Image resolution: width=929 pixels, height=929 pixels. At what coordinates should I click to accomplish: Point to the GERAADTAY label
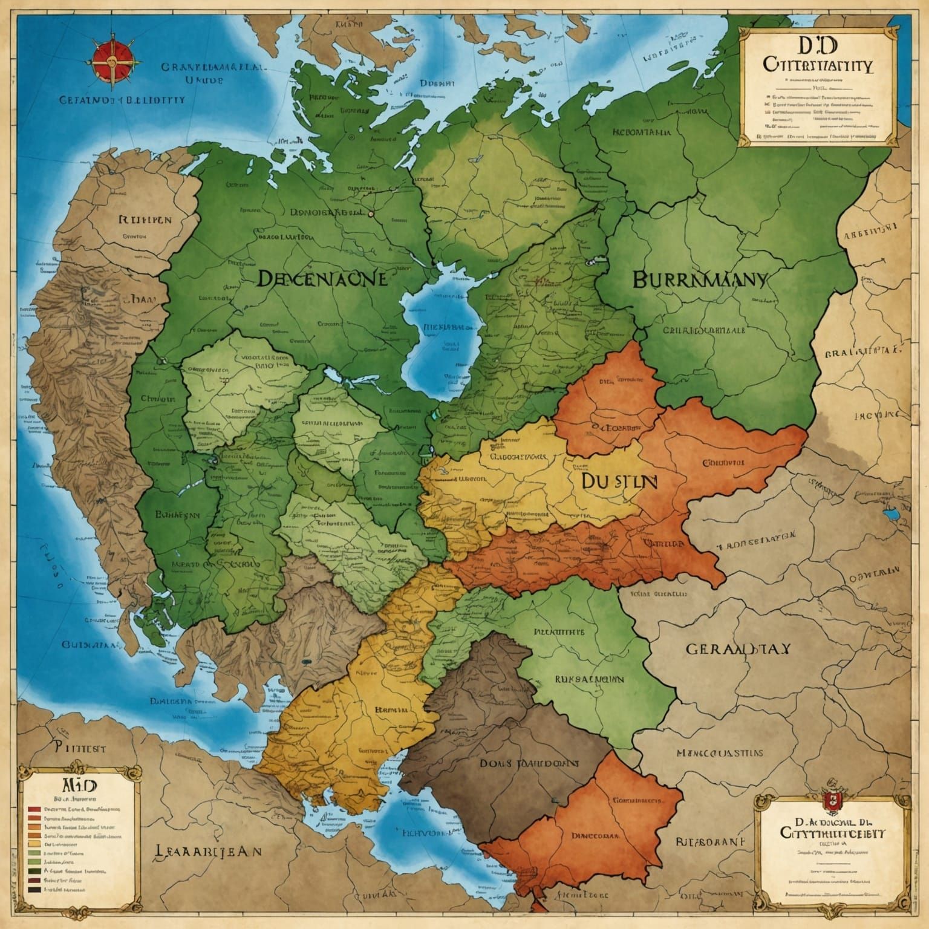(x=737, y=649)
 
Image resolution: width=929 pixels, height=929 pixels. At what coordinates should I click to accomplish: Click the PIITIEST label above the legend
(x=80, y=748)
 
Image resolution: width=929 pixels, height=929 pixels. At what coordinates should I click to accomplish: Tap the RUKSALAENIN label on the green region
(x=590, y=679)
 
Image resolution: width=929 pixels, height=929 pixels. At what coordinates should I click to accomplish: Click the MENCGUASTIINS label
(x=719, y=754)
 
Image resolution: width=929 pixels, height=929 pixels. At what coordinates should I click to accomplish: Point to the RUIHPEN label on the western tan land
(x=145, y=219)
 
